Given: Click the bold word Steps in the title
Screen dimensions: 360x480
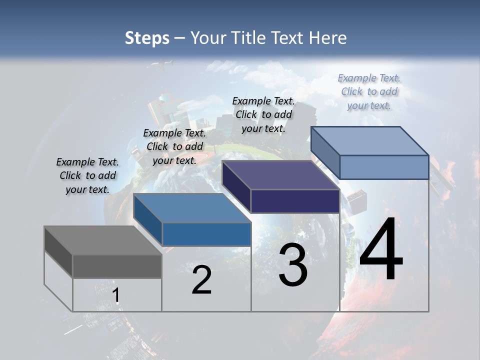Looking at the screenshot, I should pyautogui.click(x=147, y=38).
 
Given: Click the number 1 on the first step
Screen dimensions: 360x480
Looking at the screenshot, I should pyautogui.click(x=116, y=295).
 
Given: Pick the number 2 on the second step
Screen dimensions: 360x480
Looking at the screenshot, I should pyautogui.click(x=201, y=280).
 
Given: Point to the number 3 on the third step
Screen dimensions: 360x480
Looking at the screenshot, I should pyautogui.click(x=293, y=265).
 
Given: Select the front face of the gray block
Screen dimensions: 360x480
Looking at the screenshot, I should pyautogui.click(x=117, y=266).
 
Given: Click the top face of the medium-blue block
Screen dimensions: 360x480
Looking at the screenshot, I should pyautogui.click(x=192, y=208).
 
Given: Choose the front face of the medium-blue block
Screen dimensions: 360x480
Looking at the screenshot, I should pyautogui.click(x=206, y=234).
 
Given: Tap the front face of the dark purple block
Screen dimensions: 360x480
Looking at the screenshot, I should pyautogui.click(x=295, y=201).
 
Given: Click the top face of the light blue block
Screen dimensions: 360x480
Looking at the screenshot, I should pyautogui.click(x=370, y=140).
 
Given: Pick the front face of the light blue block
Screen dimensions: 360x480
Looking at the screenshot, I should pyautogui.click(x=384, y=167).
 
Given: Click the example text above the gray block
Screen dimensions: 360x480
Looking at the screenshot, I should pyautogui.click(x=87, y=175).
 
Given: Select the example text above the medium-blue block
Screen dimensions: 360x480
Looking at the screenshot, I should pyautogui.click(x=174, y=146).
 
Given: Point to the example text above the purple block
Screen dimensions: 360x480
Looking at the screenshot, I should pyautogui.click(x=263, y=114).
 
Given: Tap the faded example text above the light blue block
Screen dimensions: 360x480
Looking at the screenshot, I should pyautogui.click(x=369, y=91).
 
